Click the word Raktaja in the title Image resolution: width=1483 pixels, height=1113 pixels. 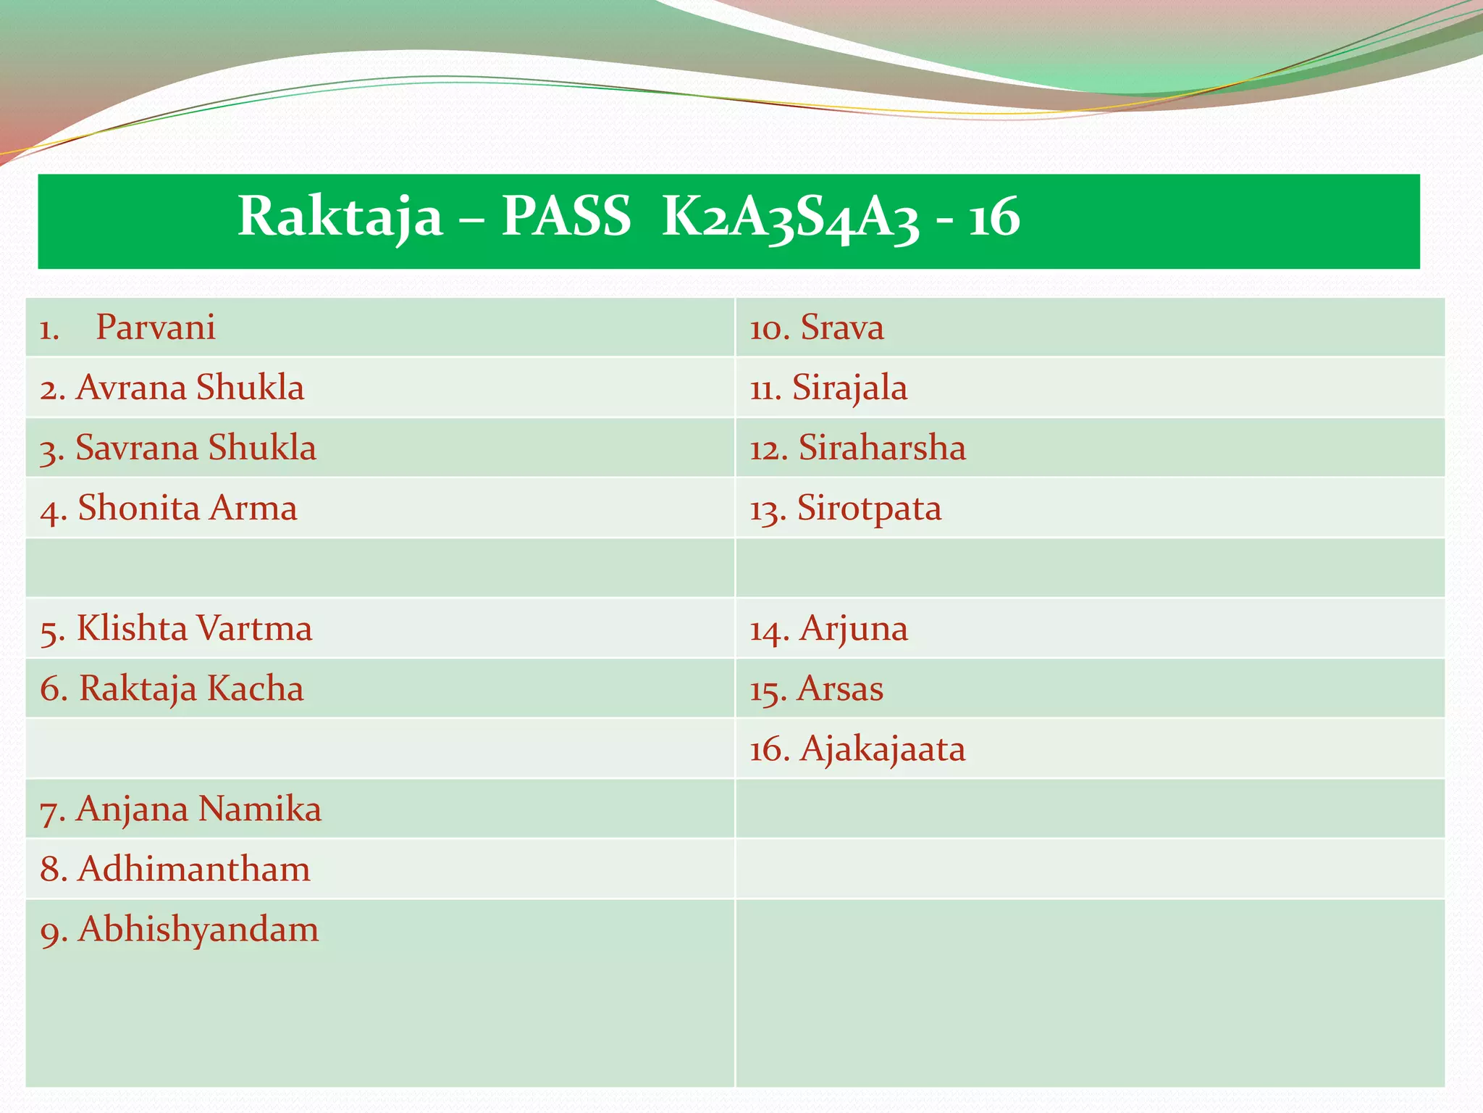coord(340,217)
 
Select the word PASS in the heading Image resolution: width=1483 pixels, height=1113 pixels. coord(566,217)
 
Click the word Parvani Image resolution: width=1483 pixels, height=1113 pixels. coord(156,328)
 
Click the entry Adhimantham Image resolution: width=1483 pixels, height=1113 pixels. coord(193,869)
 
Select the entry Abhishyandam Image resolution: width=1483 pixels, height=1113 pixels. coord(198,930)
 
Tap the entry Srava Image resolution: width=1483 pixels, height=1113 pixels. coord(841,328)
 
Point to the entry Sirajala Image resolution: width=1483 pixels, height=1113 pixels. coord(849,388)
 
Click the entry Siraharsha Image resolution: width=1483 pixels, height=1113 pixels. coord(881,448)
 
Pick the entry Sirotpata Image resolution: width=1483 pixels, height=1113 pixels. coord(869,508)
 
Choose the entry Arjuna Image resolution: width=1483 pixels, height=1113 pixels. coord(853,628)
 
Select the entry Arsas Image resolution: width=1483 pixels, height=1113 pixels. coord(840,688)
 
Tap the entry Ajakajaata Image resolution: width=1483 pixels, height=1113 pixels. coord(882,749)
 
